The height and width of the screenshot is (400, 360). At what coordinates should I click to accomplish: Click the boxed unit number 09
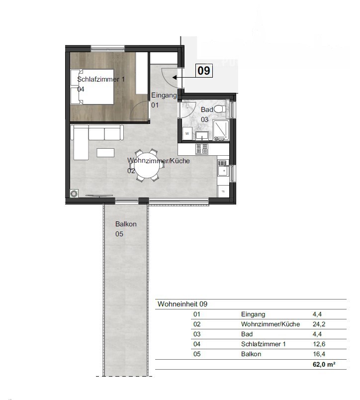click(x=204, y=71)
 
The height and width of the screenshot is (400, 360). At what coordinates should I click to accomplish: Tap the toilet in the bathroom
click(x=219, y=109)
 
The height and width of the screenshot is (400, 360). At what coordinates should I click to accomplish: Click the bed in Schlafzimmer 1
click(x=92, y=87)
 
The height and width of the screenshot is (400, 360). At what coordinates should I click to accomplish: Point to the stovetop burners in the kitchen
click(x=202, y=149)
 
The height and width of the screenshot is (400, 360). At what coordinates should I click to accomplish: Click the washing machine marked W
click(x=187, y=133)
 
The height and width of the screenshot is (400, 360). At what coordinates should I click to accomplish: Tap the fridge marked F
click(x=223, y=191)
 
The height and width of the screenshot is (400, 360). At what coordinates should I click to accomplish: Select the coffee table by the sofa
click(x=105, y=153)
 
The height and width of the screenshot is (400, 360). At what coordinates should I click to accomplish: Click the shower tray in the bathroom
click(x=221, y=130)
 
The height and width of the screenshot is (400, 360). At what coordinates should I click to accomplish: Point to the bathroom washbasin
click(x=202, y=136)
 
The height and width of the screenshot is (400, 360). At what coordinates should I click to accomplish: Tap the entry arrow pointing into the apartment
click(x=184, y=77)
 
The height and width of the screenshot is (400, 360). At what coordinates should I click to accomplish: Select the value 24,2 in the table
click(x=319, y=324)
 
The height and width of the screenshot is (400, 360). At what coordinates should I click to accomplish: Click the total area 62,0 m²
click(x=324, y=364)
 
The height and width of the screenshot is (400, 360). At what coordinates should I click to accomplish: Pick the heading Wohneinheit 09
click(x=182, y=304)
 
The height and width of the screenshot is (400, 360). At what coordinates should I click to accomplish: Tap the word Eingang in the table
click(x=253, y=314)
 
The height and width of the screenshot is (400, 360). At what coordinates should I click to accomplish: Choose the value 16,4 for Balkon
click(x=319, y=354)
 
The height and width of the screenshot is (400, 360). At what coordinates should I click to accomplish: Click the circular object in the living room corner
click(x=74, y=194)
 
